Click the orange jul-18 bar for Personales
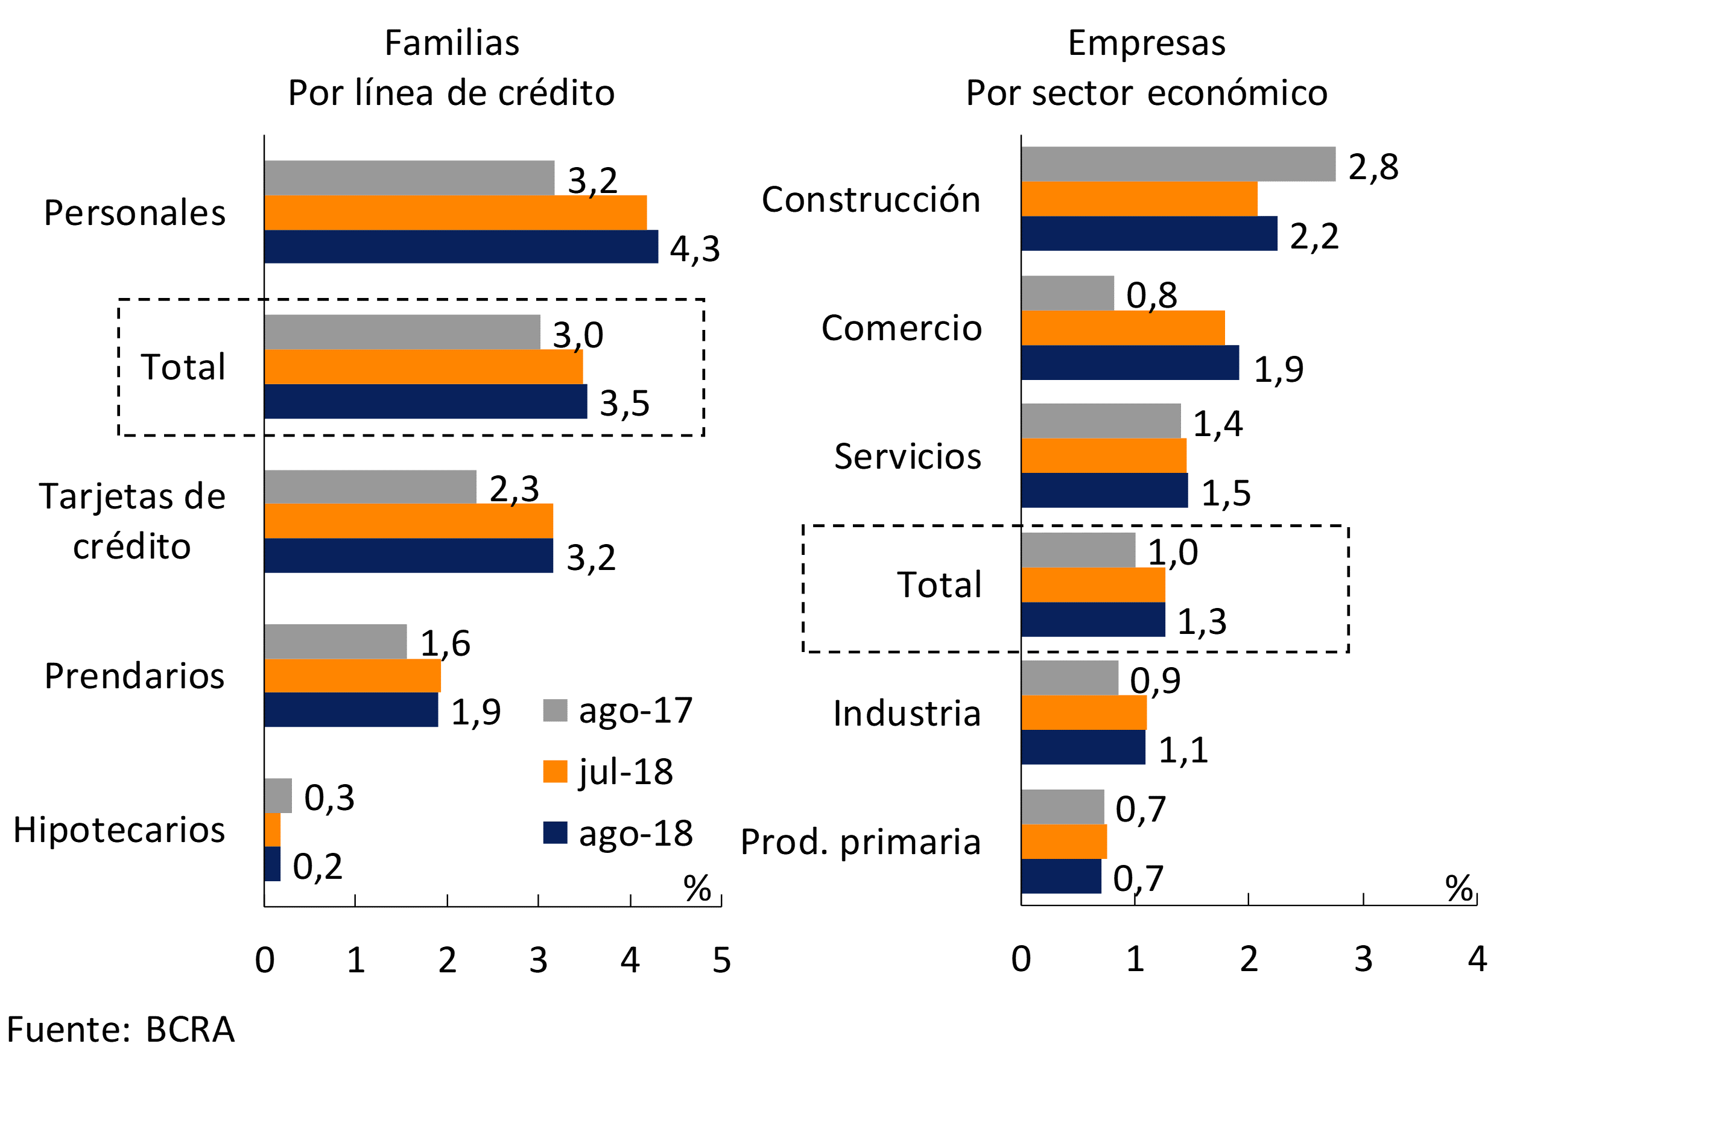click(455, 212)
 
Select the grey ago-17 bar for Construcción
click(1178, 163)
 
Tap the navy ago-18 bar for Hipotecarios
click(272, 864)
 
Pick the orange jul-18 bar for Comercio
click(1123, 328)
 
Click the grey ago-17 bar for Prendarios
click(335, 641)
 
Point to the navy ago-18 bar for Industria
click(1083, 747)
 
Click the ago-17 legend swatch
click(555, 711)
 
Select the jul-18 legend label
click(625, 771)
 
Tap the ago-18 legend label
click(635, 833)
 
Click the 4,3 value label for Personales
click(694, 249)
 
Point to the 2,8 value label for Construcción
click(1373, 167)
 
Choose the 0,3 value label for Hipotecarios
click(329, 797)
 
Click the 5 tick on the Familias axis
click(721, 960)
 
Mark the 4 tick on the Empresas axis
click(1477, 959)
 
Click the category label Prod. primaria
click(860, 842)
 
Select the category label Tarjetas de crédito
click(132, 521)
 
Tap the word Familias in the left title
click(452, 43)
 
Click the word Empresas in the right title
click(1146, 43)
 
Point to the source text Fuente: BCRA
click(121, 1030)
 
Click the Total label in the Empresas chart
click(939, 584)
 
